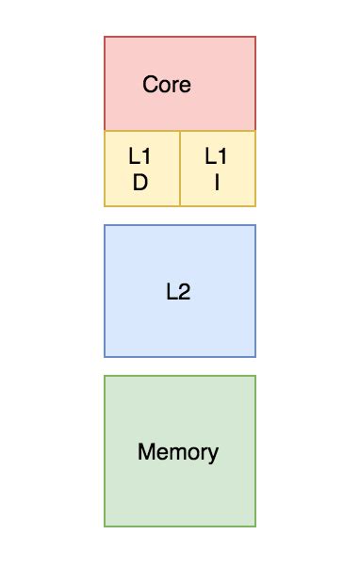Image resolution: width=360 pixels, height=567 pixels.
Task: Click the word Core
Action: (x=167, y=85)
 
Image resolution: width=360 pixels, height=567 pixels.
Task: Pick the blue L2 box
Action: (x=179, y=320)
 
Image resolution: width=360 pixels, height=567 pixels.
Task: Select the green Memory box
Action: (x=179, y=490)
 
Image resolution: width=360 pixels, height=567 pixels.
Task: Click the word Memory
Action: (x=178, y=452)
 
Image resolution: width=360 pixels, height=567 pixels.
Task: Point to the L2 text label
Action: (x=178, y=292)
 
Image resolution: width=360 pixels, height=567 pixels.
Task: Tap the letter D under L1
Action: (x=140, y=183)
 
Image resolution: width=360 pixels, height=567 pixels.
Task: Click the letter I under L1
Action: (x=217, y=183)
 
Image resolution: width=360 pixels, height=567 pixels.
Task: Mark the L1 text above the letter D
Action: (x=140, y=156)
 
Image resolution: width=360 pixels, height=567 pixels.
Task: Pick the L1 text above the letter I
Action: (x=216, y=156)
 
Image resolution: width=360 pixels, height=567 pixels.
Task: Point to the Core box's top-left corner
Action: (x=105, y=37)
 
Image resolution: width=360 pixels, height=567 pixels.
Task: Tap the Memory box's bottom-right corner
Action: (x=255, y=526)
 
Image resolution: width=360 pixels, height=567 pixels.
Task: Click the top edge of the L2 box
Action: (x=179, y=225)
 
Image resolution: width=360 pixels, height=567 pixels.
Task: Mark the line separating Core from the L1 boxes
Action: (x=179, y=131)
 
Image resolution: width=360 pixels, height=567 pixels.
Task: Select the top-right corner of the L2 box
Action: (x=255, y=225)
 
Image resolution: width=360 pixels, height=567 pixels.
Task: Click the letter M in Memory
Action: (x=145, y=452)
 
